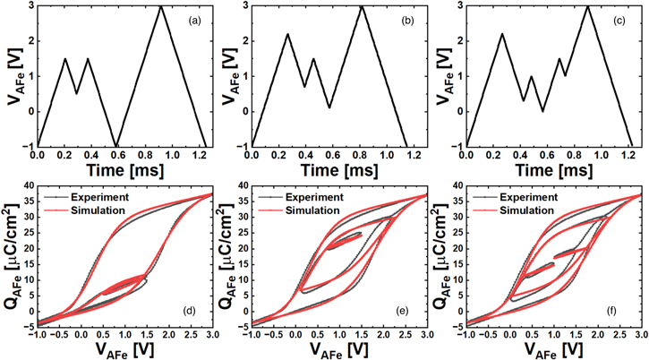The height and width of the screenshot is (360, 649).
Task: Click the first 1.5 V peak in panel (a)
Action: (x=65, y=59)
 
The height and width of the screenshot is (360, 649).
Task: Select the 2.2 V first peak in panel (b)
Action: (x=287, y=34)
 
